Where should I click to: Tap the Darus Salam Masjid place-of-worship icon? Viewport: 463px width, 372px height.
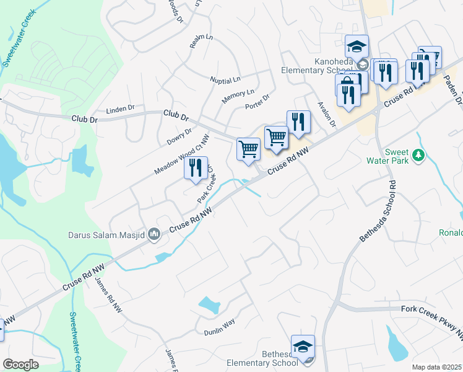[154, 234]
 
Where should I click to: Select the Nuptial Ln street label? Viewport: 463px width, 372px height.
[225, 81]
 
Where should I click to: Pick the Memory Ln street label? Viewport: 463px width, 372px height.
[238, 97]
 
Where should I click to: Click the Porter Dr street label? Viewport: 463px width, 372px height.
[257, 101]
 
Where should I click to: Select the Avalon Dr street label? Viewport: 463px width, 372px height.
[326, 115]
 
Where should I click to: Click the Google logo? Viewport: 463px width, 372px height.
[20, 365]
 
